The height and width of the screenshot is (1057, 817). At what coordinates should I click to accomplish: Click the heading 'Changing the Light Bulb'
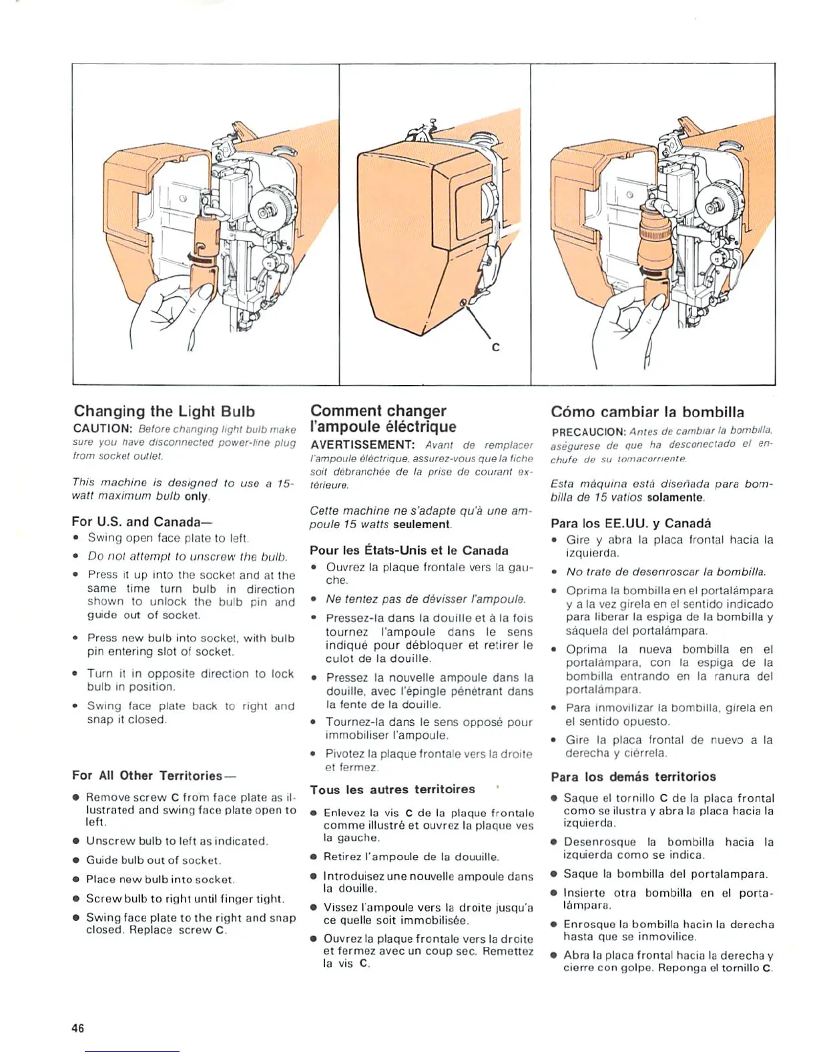164,411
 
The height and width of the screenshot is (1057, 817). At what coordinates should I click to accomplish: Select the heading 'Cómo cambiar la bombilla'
647,412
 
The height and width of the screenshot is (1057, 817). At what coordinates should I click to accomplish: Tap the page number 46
78,1028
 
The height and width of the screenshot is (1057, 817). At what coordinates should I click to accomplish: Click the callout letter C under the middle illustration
495,348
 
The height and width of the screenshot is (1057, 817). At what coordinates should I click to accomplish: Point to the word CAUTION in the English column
100,429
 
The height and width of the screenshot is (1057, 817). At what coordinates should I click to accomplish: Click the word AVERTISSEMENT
362,444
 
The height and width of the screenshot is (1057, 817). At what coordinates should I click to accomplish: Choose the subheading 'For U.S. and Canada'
136,521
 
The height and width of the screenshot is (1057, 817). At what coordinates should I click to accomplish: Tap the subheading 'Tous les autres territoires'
392,789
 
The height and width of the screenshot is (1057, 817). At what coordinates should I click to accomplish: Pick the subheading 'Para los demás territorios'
633,777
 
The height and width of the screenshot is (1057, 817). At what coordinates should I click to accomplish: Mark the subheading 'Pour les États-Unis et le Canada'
408,551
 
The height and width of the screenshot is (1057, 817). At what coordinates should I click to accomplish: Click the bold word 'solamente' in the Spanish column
675,498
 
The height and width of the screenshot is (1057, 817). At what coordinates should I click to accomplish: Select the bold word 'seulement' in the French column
421,524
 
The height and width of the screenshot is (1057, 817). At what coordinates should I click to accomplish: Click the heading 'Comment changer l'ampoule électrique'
383,418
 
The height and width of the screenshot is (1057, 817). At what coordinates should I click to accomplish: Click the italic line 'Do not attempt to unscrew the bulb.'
188,556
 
